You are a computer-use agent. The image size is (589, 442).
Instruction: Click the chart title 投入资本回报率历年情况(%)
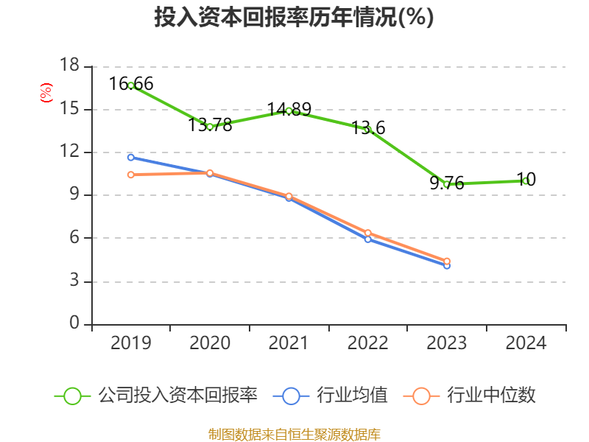pos(294,18)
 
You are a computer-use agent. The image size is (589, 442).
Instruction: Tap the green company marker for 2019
pos(131,85)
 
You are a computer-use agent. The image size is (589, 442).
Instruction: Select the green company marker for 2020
pos(210,127)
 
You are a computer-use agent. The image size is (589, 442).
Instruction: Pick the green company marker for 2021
pos(289,110)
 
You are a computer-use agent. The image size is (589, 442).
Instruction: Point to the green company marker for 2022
pos(367,130)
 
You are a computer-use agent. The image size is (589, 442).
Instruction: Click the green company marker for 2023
pos(447,184)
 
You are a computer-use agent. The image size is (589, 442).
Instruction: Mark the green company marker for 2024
pos(525,180)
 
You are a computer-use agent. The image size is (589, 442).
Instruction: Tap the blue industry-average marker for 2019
pos(131,157)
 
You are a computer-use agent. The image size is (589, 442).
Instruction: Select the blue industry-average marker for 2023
pos(447,265)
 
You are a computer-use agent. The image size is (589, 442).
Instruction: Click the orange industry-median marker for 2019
pos(131,175)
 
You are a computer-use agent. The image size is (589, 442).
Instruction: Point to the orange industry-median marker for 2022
pos(367,233)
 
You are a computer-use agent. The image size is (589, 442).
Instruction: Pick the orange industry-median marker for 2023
pos(447,261)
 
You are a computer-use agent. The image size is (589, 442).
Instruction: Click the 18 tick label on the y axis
pos(68,66)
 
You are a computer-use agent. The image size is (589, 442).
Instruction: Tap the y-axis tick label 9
pos(74,195)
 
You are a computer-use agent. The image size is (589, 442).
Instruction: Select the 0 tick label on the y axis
pos(74,324)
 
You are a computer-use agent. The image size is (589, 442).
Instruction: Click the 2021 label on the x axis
pos(289,343)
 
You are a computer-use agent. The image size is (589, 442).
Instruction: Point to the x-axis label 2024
pos(525,343)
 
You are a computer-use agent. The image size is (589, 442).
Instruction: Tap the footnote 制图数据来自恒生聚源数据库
pos(294,434)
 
